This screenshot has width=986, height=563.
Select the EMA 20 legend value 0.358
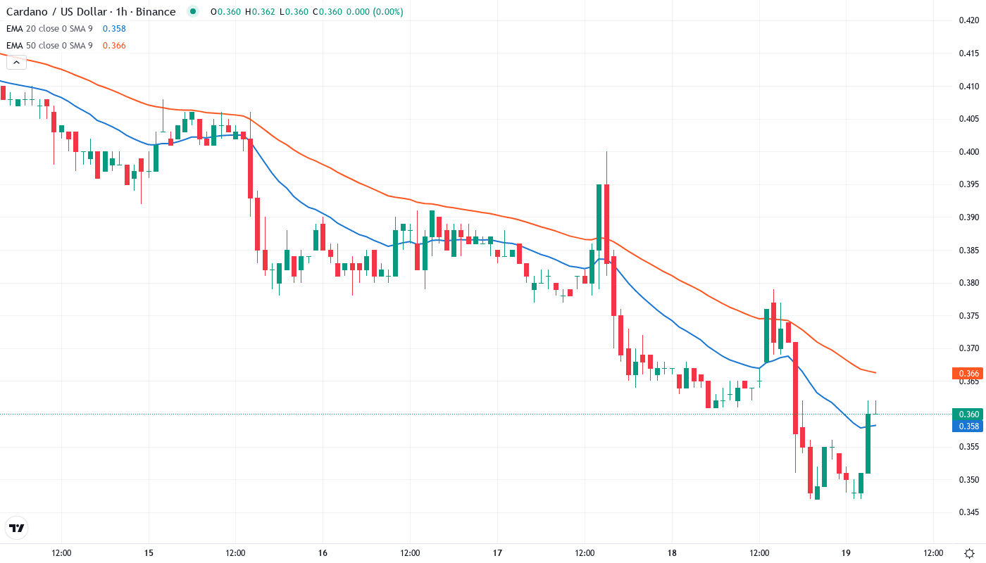[x=114, y=29]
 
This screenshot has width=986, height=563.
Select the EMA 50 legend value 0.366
[x=114, y=46]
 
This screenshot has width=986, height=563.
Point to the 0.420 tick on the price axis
[x=969, y=20]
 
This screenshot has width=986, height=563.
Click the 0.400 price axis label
[x=969, y=152]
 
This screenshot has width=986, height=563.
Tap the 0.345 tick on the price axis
[x=969, y=512]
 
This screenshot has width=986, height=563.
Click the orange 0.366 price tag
[x=968, y=374]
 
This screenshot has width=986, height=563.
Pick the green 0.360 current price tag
[x=968, y=414]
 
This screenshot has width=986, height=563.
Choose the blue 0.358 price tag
[x=968, y=426]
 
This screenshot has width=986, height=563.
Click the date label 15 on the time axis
[x=149, y=552]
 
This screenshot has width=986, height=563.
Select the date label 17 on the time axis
[x=497, y=552]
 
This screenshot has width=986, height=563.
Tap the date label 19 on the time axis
[x=846, y=552]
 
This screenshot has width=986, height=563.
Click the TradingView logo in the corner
[x=16, y=528]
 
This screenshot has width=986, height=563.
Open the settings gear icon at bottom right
[x=970, y=552]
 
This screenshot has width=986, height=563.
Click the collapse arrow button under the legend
[x=16, y=62]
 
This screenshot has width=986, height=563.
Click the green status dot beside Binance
[x=193, y=12]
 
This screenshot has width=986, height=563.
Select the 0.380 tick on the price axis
[x=969, y=283]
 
